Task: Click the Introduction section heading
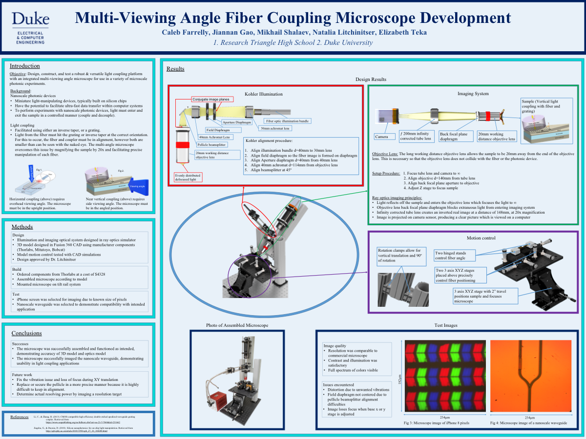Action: click(x=25, y=66)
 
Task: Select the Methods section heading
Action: click(x=22, y=227)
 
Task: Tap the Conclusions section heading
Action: click(x=26, y=333)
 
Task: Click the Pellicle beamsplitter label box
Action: click(x=212, y=145)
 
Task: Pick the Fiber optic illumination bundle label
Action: click(x=287, y=120)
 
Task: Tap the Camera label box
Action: click(x=381, y=137)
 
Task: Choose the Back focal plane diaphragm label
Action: click(x=456, y=136)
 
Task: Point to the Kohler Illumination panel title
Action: click(x=263, y=94)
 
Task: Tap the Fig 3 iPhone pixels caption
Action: click(x=437, y=423)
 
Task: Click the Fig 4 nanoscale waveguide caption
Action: click(x=529, y=423)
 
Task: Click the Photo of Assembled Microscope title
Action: click(x=237, y=325)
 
